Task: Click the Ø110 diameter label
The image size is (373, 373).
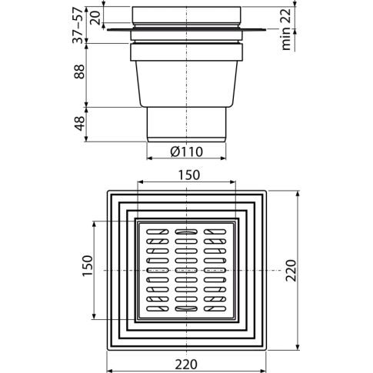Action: point(186,152)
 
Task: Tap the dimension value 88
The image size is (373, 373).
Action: point(79,72)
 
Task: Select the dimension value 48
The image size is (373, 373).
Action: point(79,124)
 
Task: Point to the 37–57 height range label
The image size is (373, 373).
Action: point(78,25)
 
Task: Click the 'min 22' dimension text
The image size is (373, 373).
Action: point(286,29)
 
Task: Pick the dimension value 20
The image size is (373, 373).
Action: point(96,18)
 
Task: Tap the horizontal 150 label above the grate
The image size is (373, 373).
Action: point(189,175)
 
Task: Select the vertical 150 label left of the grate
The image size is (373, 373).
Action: point(88,265)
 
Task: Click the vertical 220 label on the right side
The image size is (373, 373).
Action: point(291,271)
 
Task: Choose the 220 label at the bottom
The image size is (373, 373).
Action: point(186,365)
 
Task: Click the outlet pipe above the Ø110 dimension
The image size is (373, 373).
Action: point(186,125)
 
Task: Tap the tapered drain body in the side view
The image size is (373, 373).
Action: point(187,84)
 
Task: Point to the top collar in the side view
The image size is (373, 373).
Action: point(187,15)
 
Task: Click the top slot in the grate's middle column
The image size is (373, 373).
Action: point(186,231)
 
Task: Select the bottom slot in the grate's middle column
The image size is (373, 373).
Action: point(186,308)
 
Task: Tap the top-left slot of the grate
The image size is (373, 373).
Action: point(158,231)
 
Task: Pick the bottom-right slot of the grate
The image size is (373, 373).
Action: point(215,308)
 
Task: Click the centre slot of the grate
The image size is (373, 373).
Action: point(186,270)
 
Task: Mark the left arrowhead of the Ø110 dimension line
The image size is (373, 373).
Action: point(149,158)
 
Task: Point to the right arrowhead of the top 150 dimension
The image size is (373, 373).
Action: point(233,182)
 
